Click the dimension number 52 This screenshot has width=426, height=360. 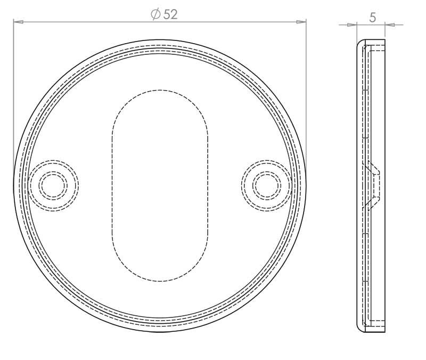coord(170,14)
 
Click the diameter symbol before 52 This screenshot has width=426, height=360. coord(155,14)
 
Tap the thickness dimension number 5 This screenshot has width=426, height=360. coord(373,18)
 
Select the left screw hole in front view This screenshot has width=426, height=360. coord(53,185)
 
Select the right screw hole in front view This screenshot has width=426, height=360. coord(267,185)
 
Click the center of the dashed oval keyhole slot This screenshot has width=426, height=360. coord(160,185)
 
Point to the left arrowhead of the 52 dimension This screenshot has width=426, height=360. coord(18,22)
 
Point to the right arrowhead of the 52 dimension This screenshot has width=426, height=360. coord(301,22)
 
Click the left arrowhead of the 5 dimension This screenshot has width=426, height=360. coord(351,24)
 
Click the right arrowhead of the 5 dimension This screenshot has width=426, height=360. coord(390,24)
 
